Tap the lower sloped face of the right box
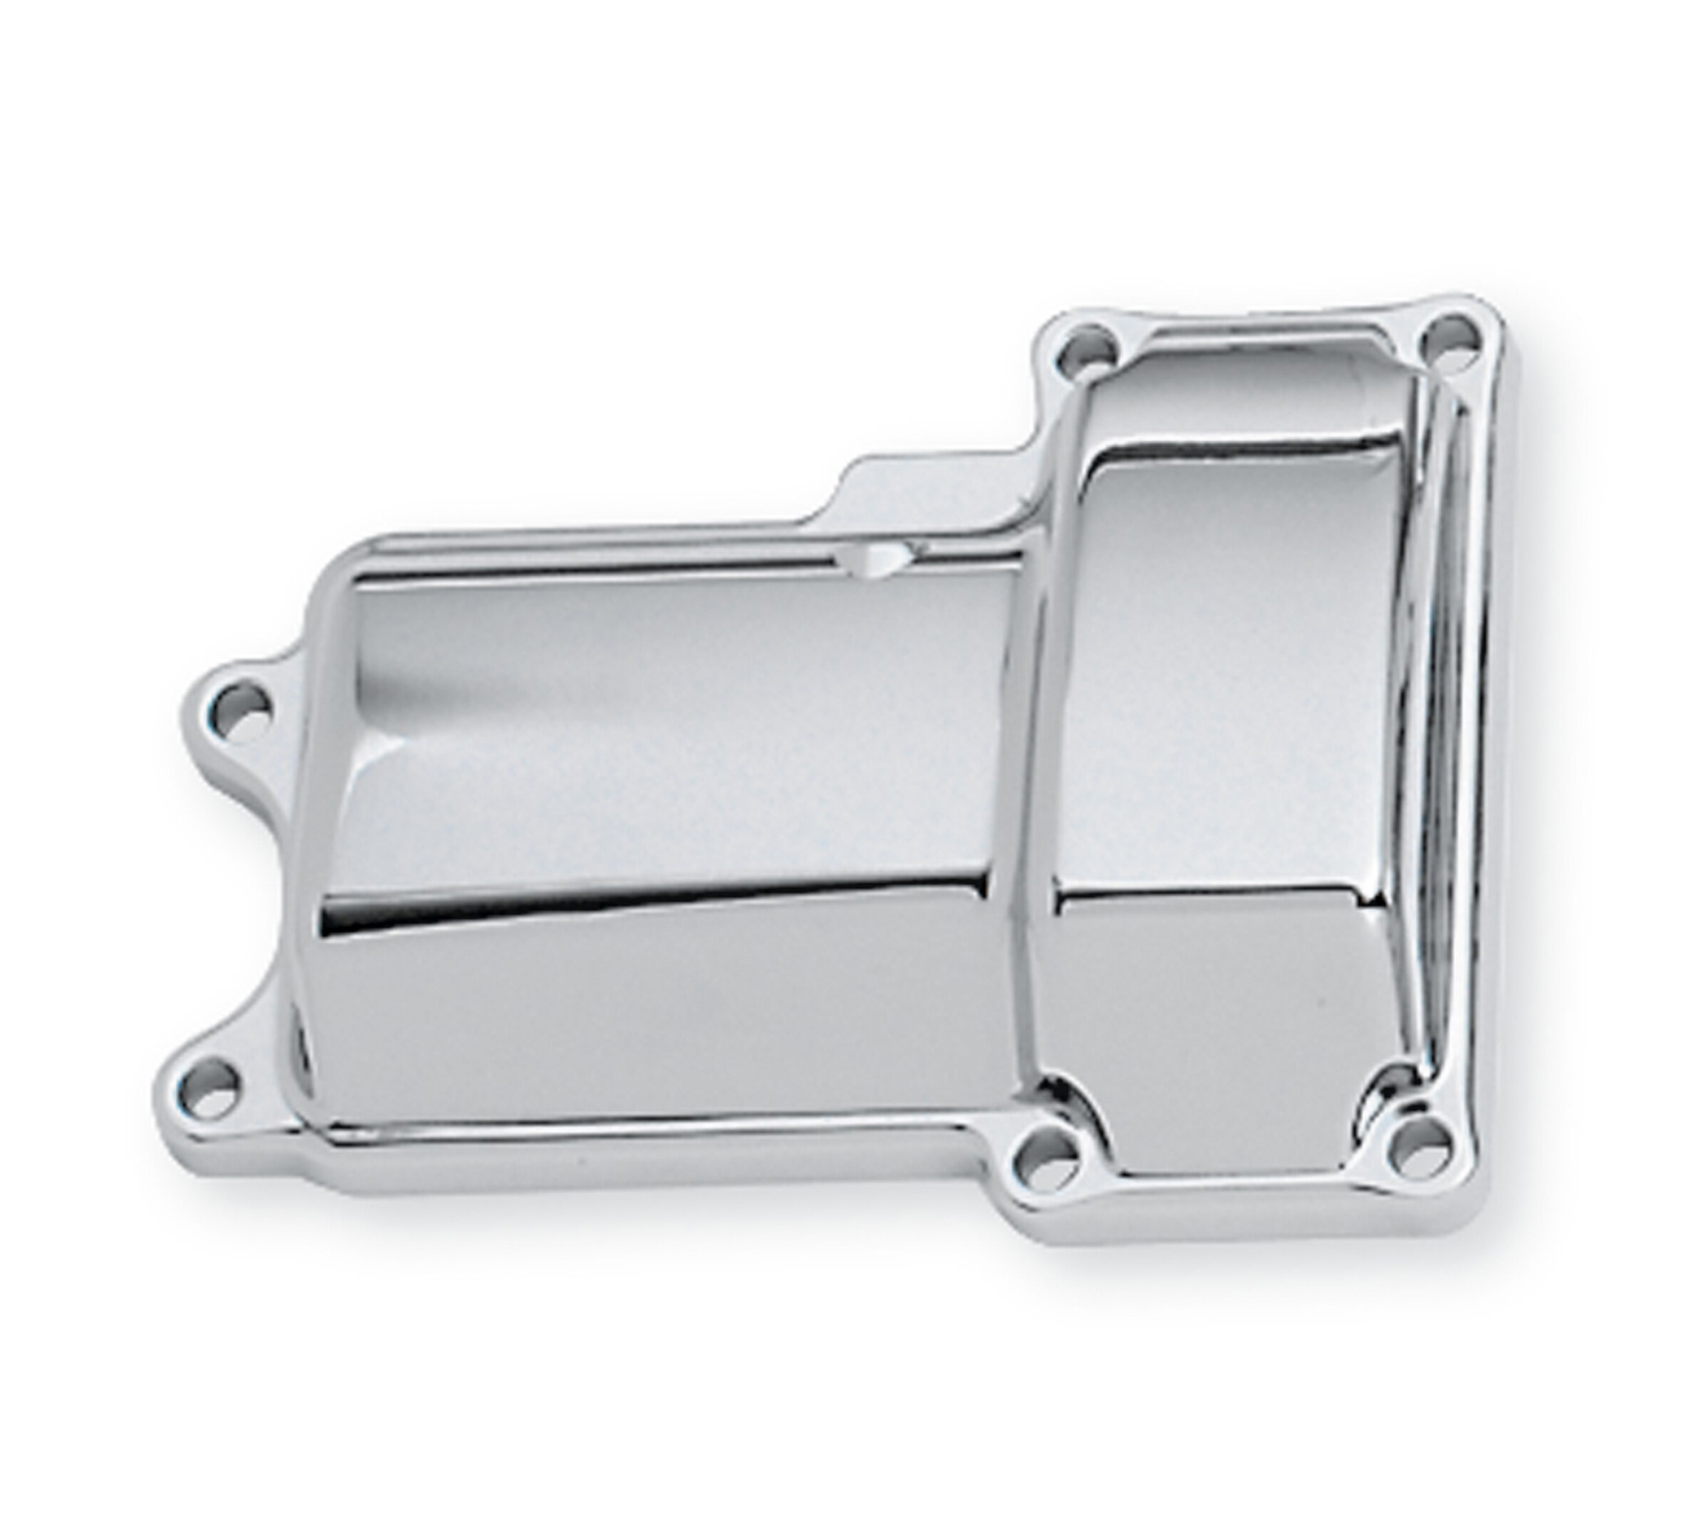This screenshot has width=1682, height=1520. [x=1210, y=985]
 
